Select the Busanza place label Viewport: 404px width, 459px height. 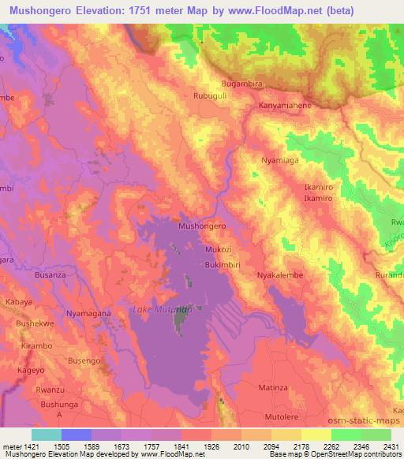(50, 275)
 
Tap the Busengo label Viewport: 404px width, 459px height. (84, 360)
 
